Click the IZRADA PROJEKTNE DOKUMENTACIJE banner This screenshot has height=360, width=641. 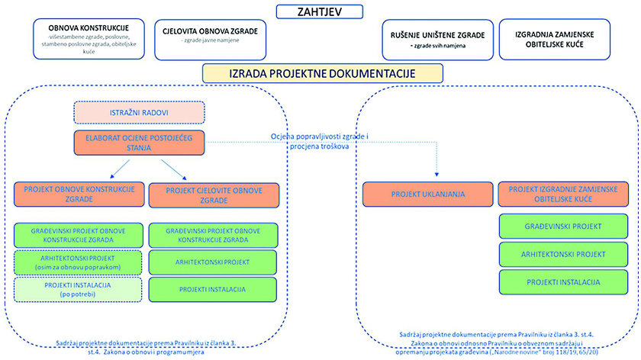point(320,74)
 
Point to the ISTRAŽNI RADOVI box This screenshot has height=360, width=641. point(139,112)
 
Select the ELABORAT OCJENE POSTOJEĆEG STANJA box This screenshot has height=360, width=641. point(140,143)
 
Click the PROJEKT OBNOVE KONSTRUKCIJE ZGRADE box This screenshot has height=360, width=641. point(75,193)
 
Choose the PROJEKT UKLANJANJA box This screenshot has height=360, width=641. point(426,193)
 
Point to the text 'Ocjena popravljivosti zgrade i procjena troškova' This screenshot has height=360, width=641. point(320,141)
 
